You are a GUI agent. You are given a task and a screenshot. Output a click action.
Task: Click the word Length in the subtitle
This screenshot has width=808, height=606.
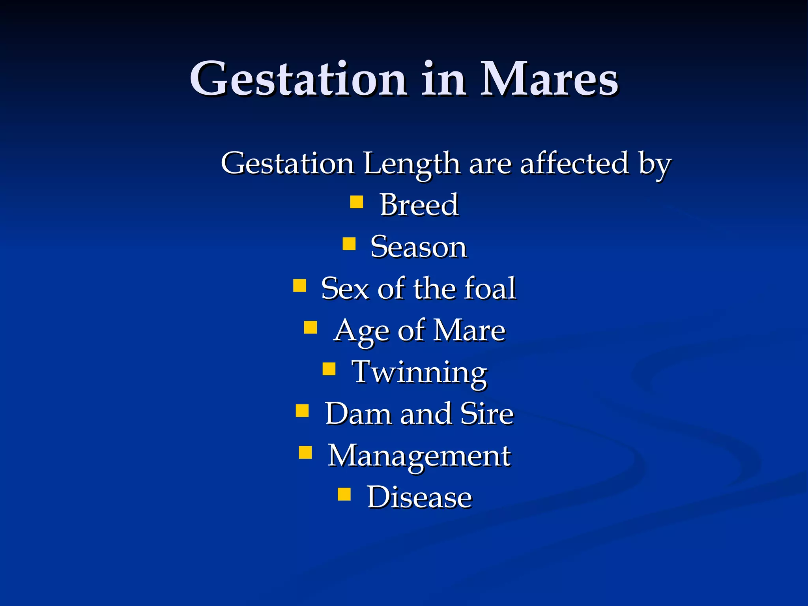[x=411, y=164]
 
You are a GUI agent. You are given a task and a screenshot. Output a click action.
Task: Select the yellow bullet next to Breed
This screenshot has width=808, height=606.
[x=357, y=202]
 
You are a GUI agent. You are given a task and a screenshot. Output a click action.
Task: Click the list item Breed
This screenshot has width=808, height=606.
[x=419, y=205]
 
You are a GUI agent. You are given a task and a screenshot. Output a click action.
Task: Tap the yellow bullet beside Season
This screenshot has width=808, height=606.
[x=349, y=244]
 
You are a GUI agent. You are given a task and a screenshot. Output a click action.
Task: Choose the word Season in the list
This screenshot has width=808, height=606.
[x=419, y=247]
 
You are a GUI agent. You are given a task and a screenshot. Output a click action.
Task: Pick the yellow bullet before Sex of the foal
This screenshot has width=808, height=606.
[x=300, y=285]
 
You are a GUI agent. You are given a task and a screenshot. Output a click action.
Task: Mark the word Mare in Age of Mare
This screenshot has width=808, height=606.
[x=469, y=331]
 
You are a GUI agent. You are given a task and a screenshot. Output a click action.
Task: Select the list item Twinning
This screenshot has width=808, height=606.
[x=419, y=373]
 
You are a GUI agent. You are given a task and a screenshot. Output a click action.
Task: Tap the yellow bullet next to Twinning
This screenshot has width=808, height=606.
[x=329, y=369]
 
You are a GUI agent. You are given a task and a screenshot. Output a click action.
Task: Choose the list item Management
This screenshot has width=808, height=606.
[x=419, y=456]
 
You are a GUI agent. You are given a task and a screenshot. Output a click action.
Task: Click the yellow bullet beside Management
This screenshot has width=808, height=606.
[x=305, y=453]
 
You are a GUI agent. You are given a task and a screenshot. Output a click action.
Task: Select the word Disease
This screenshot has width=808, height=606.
[x=419, y=497]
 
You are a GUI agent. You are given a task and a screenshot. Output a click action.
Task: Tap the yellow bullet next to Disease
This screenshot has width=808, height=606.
[x=344, y=494]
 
